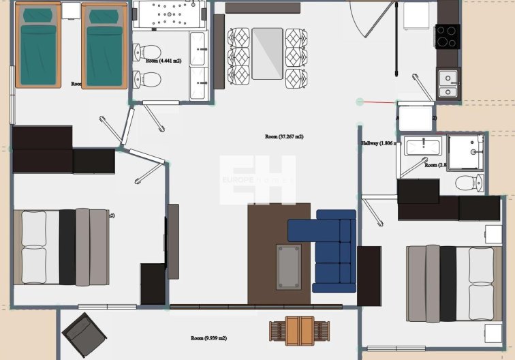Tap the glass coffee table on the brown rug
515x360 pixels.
pos(289,267)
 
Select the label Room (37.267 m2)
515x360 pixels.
pos(284,137)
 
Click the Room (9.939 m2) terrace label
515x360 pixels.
pos(208,338)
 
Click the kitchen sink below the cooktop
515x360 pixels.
pos(448,82)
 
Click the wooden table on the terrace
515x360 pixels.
pos(300,331)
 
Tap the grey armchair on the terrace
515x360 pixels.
pos(83,335)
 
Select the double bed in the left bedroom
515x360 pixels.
pos(61,247)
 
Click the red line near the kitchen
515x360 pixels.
pos(378,102)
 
